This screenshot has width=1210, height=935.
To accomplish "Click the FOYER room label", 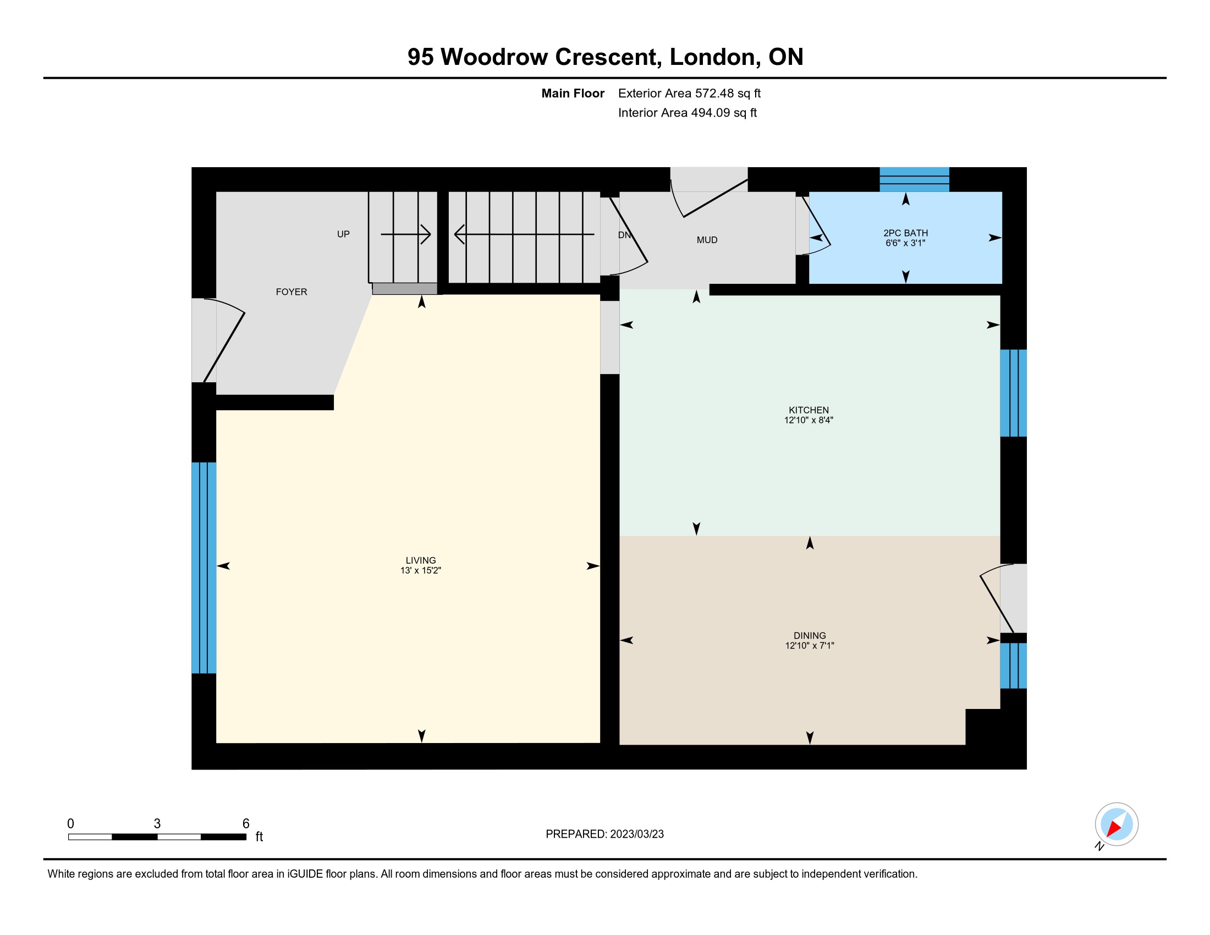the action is (291, 292).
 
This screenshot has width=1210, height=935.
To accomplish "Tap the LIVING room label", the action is (421, 560).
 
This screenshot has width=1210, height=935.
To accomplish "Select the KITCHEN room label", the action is (809, 410).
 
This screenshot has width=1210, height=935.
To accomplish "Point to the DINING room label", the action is (810, 636).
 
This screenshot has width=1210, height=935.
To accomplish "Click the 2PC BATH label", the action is (905, 233).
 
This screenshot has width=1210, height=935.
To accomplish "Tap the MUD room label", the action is (707, 240).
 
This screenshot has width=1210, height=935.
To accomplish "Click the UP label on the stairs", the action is (344, 234).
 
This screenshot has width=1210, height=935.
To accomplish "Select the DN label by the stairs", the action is (624, 235).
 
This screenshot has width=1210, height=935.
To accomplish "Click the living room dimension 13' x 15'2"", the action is (421, 570).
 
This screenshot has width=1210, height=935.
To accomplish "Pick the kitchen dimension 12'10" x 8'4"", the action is (809, 420).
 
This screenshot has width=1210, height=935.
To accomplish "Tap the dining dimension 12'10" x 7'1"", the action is (810, 645).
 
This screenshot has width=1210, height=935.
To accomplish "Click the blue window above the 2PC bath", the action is (914, 179).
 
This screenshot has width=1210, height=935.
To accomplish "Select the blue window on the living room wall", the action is (204, 568).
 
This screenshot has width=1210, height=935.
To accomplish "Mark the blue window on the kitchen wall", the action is (1013, 393).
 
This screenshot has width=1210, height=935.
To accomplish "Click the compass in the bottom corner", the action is (1116, 824).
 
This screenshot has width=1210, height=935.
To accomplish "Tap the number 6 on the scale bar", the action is (246, 824).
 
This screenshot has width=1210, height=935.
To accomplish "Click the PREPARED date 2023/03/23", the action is (635, 834).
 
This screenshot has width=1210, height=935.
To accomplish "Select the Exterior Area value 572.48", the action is (713, 94).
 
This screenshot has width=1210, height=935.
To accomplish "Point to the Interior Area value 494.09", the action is (708, 113).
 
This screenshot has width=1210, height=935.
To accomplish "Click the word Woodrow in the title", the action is (494, 57).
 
